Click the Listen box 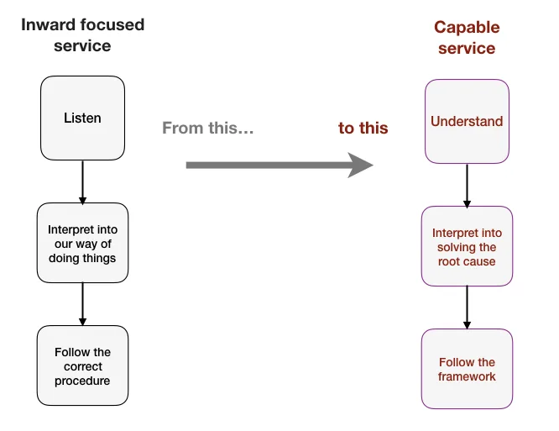[x=83, y=118]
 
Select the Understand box [x=467, y=121]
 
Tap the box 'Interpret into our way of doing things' [x=83, y=243]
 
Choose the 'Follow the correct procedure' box [x=83, y=365]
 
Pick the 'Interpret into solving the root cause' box [x=467, y=246]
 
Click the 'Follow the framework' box [x=467, y=369]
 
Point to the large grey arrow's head [x=361, y=166]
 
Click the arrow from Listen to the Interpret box [x=83, y=182]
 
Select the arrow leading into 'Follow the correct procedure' [x=83, y=304]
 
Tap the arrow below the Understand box [x=467, y=186]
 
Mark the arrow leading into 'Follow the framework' [x=467, y=307]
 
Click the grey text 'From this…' [x=208, y=128]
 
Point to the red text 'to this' [x=363, y=128]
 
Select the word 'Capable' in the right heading [x=467, y=28]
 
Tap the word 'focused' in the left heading [x=112, y=25]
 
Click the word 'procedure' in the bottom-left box [x=82, y=381]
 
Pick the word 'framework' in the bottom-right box [x=467, y=376]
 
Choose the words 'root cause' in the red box [x=467, y=261]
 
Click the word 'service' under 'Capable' [x=467, y=49]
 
